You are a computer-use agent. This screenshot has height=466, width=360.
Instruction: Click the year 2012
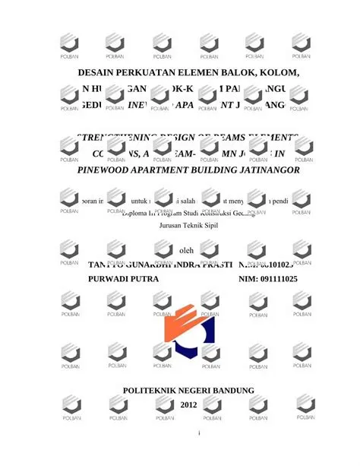pos(187,405)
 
